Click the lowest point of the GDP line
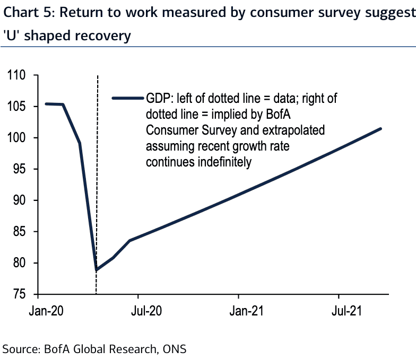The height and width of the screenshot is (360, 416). pyautogui.click(x=96, y=270)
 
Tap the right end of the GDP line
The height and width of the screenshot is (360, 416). pyautogui.click(x=381, y=129)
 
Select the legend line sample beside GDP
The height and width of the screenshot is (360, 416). pyautogui.click(x=128, y=98)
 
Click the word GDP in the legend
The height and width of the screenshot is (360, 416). pyautogui.click(x=159, y=99)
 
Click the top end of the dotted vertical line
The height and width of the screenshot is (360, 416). pyautogui.click(x=98, y=77)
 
